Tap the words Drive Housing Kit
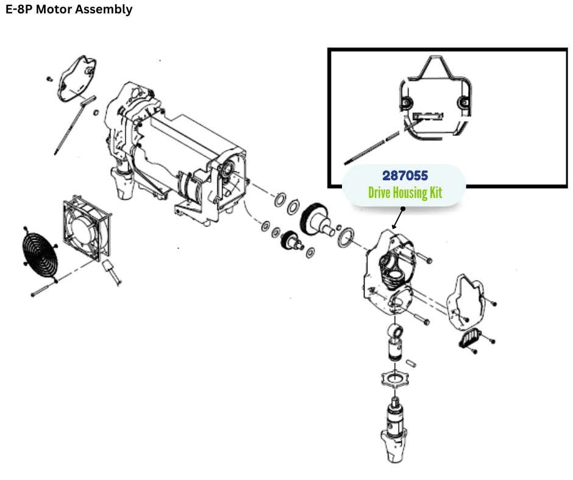[x=405, y=193]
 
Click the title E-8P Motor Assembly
[x=69, y=10]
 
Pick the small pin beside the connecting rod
[x=413, y=362]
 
